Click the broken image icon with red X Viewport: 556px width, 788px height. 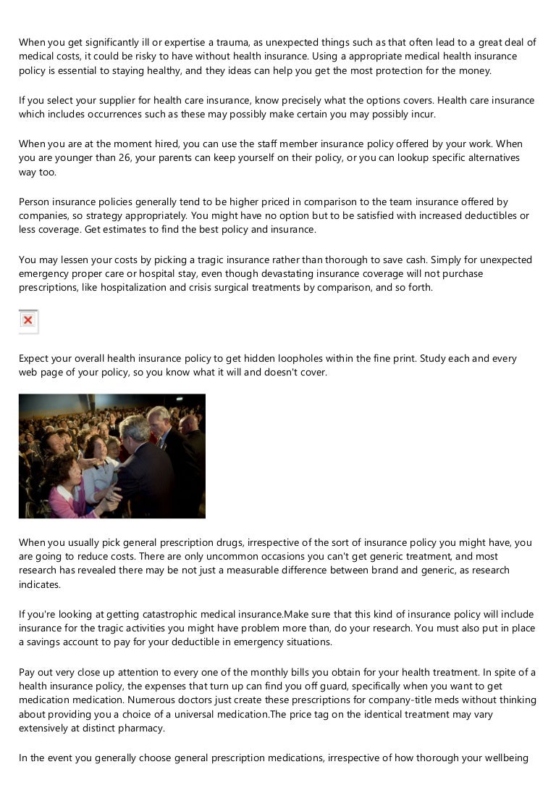click(x=28, y=320)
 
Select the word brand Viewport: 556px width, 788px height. click(x=385, y=571)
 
